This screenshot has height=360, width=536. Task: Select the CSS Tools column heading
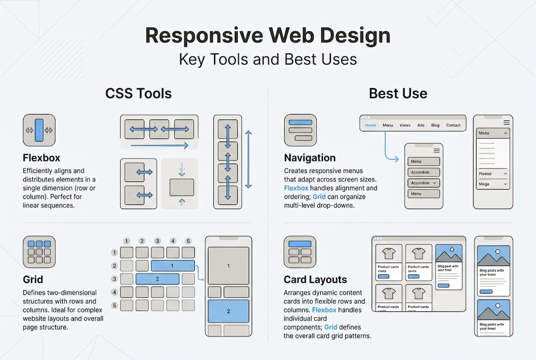coord(138,93)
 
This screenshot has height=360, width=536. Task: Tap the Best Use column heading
coord(398,93)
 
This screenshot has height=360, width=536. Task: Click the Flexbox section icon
coord(39,130)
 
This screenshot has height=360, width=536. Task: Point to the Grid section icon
coord(39,252)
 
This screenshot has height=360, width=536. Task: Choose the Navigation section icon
coord(300,130)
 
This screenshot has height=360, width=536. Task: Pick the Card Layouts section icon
coord(300,252)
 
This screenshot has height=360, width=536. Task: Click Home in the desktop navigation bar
coord(370,125)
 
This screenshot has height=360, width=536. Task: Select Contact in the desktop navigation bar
coord(453,125)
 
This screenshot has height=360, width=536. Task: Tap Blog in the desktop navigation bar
coord(435,125)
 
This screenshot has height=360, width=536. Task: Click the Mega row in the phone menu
coord(493,184)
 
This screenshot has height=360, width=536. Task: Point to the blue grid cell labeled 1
coord(173,265)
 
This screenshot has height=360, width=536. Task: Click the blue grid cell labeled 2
coord(157,278)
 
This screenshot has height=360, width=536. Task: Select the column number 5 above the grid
coord(188,241)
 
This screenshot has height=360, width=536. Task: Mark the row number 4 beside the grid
coord(114,291)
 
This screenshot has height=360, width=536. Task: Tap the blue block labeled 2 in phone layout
coord(228,311)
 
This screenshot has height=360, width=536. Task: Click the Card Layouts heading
coord(315,279)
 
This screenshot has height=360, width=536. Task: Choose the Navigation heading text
coord(310,158)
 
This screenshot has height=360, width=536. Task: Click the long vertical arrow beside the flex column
coord(248,159)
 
